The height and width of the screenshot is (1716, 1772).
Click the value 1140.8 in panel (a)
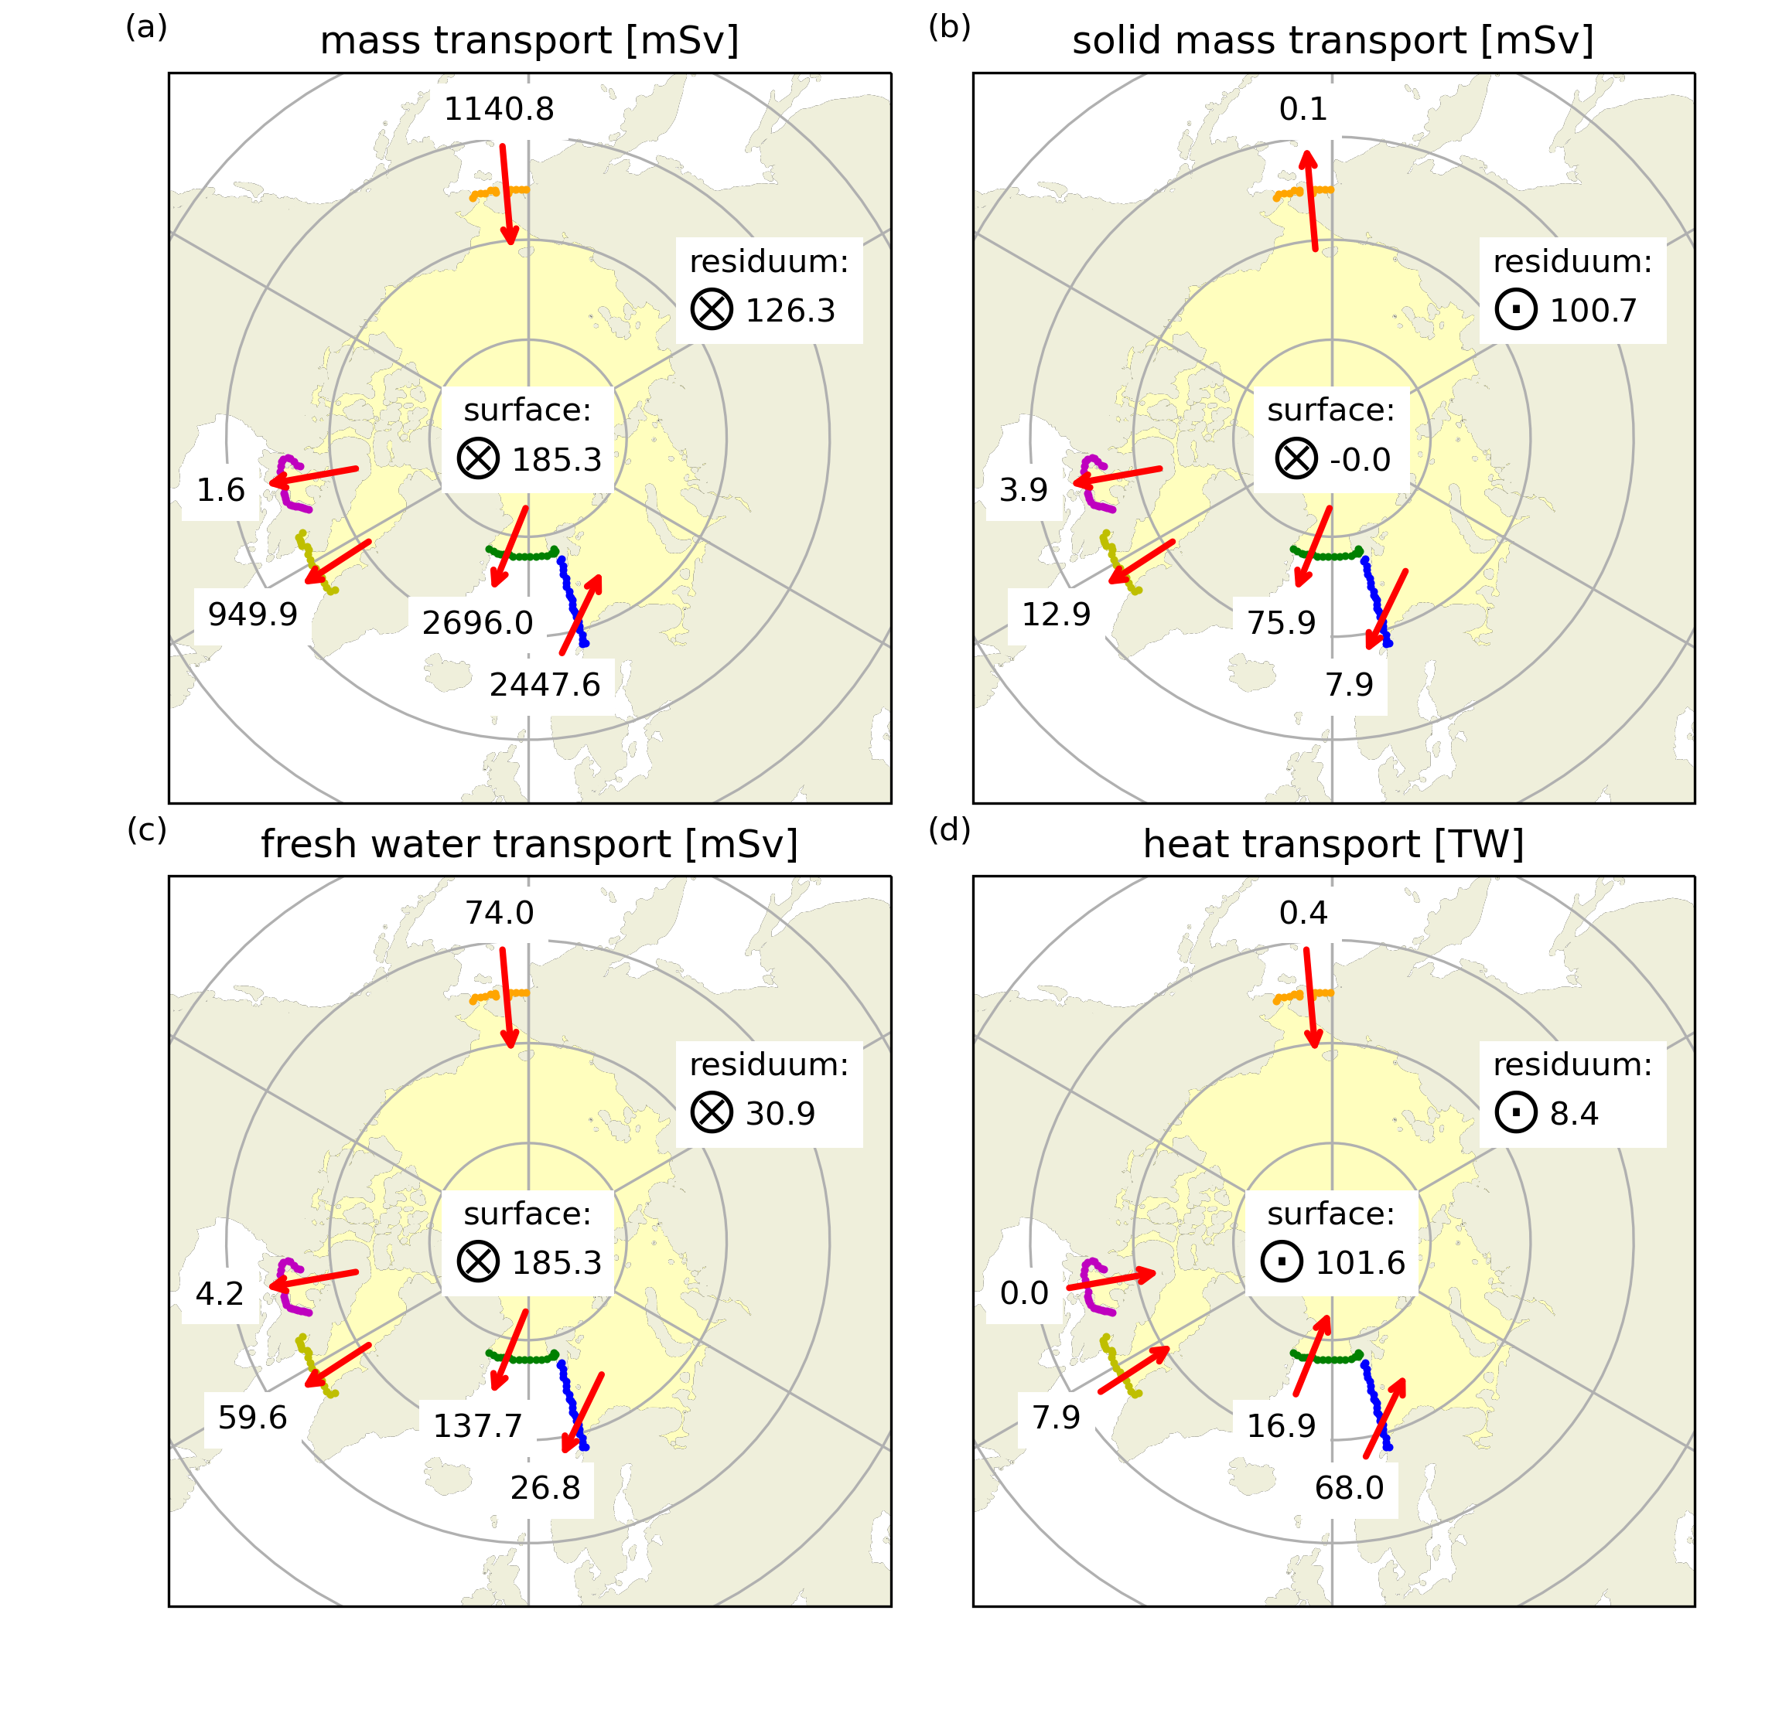click(499, 109)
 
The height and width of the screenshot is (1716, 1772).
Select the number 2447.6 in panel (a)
click(545, 686)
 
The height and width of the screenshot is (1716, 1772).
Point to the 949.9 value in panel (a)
click(253, 615)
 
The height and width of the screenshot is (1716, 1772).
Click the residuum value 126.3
click(790, 311)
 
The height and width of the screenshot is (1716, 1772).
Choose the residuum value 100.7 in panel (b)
click(1593, 311)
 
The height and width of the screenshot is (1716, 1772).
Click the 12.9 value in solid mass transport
click(1056, 615)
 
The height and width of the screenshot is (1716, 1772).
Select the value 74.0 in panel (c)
click(499, 914)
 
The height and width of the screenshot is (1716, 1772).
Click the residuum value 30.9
click(780, 1114)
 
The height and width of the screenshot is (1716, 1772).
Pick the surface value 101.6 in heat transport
click(1360, 1263)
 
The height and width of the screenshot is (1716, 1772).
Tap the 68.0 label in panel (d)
click(1349, 1488)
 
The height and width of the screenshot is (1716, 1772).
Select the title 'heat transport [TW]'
click(1333, 845)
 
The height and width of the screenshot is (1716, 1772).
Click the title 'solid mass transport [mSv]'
click(1333, 42)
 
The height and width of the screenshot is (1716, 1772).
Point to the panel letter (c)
click(146, 829)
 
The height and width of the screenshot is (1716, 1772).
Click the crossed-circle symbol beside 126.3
click(712, 310)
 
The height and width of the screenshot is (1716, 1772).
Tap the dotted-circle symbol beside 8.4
click(1516, 1113)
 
